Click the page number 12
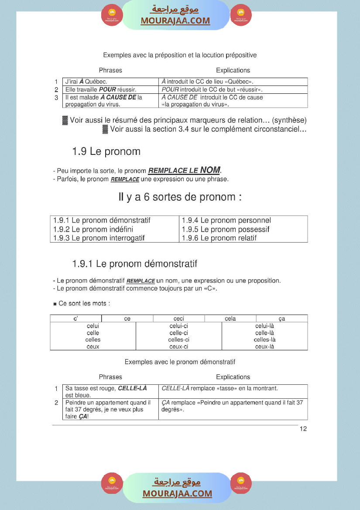[303, 429]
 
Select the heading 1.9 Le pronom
[106, 152]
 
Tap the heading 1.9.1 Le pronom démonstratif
[135, 264]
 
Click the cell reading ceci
[178, 319]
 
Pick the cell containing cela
[230, 319]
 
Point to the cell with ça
[282, 319]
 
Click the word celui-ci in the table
[178, 326]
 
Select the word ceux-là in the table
[264, 347]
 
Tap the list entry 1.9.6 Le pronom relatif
[219, 238]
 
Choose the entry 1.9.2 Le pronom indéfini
[93, 229]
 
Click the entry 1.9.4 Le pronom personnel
[226, 221]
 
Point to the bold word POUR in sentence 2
[107, 89]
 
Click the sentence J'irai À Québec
[86, 82]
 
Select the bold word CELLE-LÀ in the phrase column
[133, 388]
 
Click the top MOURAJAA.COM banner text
[175, 21]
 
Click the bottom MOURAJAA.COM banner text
[177, 493]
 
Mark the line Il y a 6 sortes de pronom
[180, 197]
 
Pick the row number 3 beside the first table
[56, 98]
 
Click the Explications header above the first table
[233, 70]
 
